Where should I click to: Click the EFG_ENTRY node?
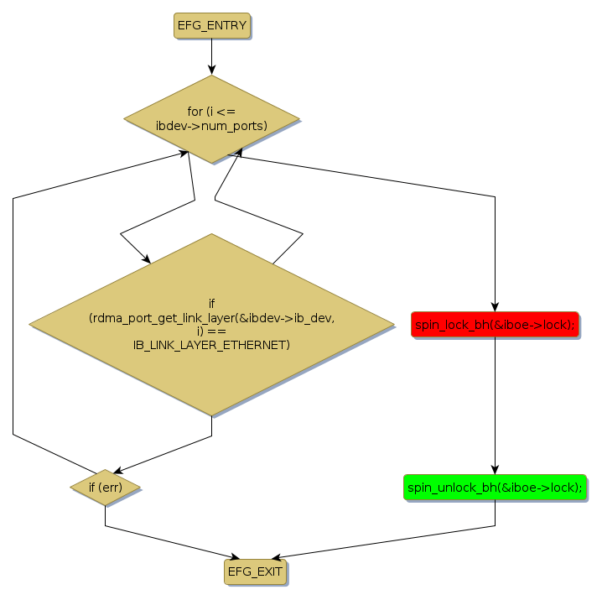pos(211,25)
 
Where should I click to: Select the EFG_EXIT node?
pos(255,572)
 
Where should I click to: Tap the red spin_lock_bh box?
pos(495,324)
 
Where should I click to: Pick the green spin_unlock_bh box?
pos(495,488)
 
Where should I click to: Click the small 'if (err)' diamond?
pos(105,487)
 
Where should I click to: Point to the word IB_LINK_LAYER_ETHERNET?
pos(211,345)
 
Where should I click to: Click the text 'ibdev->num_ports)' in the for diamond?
pos(211,126)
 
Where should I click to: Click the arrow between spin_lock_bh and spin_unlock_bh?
pos(495,403)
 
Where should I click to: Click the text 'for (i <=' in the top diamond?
pos(211,112)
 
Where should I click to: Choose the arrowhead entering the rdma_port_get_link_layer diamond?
pos(147,259)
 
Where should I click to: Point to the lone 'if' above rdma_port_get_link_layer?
pos(211,303)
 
